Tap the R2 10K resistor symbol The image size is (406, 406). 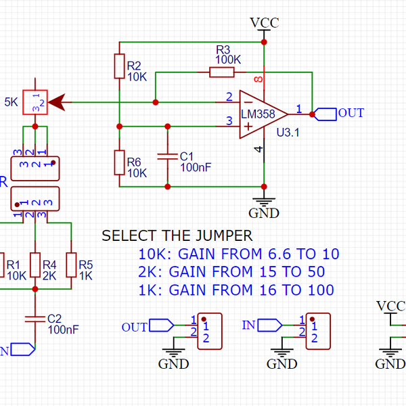pyautogui.click(x=119, y=68)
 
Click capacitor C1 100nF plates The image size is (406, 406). pyautogui.click(x=166, y=156)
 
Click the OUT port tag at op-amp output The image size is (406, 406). pyautogui.click(x=326, y=114)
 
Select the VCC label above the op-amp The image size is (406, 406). pyautogui.click(x=265, y=22)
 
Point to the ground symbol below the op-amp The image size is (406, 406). pyautogui.click(x=264, y=201)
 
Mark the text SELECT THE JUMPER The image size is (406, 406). pyautogui.click(x=177, y=236)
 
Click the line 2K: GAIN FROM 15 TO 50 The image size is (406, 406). pyautogui.click(x=231, y=272)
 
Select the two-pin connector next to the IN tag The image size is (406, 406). pyautogui.click(x=317, y=330)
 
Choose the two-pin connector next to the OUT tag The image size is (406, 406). pyautogui.click(x=209, y=330)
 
